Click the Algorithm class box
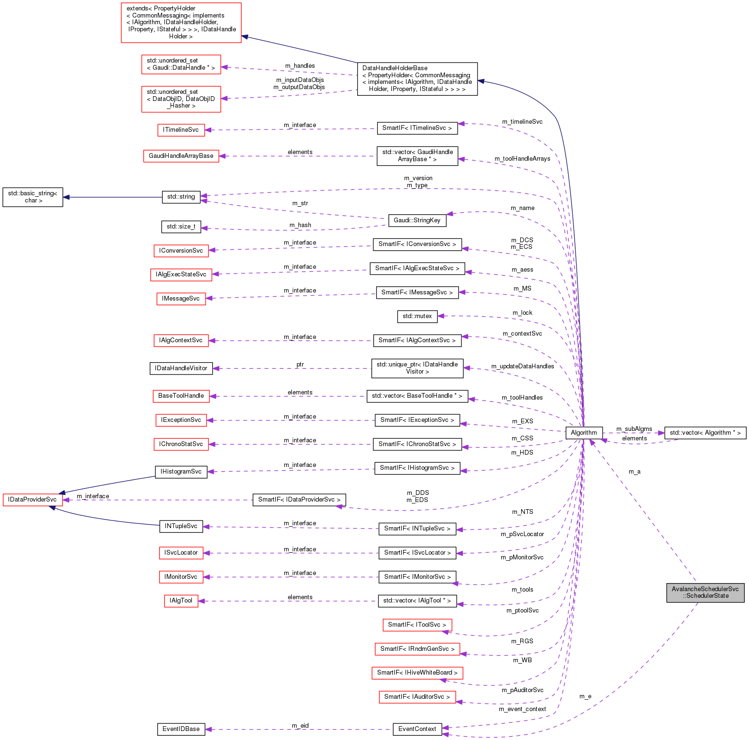coord(584,433)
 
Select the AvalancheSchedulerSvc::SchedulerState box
coord(705,593)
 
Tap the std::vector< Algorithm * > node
coord(705,433)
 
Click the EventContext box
coord(417,729)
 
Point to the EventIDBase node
coord(181,729)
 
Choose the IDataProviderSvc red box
coord(32,500)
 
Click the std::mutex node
coord(417,316)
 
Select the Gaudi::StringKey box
coord(417,220)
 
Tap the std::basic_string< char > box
coord(33,197)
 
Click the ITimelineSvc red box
coord(181,130)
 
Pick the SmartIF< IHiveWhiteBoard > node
coord(417,673)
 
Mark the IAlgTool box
coord(181,601)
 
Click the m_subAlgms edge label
coord(634,429)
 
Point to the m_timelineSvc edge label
coord(522,122)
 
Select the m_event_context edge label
coord(522,709)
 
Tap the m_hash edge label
coord(300,225)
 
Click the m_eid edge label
coord(300,726)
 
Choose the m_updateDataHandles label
coord(523,366)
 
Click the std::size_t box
coord(181,227)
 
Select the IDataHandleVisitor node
coord(181,368)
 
